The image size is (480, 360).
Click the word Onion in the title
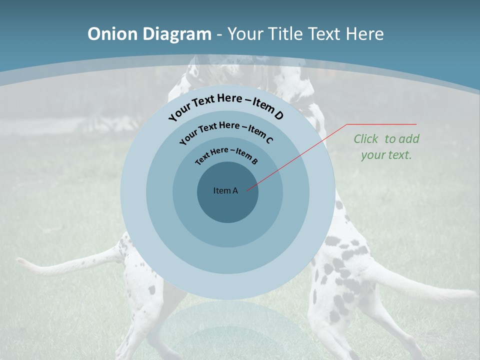coord(113,34)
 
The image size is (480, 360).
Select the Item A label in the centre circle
coord(225,190)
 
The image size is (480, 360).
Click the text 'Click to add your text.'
coord(386,147)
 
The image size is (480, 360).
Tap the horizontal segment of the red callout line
coord(381,124)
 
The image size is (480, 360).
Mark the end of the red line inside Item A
coord(247,189)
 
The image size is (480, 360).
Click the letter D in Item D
coord(278,115)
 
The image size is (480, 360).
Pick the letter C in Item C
coord(269,140)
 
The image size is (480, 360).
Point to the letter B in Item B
coord(254,161)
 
